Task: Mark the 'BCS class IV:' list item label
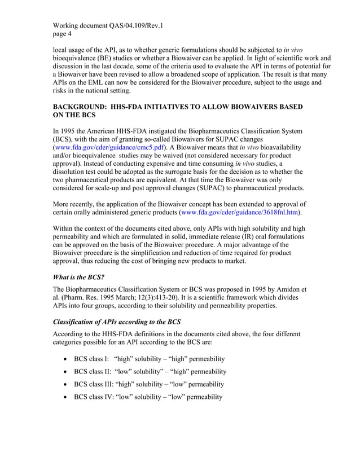pyautogui.click(x=94, y=397)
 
